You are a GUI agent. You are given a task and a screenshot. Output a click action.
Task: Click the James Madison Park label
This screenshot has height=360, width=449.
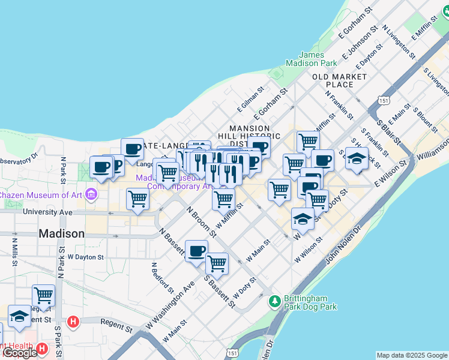pos(312,59)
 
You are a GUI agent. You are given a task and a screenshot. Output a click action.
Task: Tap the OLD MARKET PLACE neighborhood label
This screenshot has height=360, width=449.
pos(340,80)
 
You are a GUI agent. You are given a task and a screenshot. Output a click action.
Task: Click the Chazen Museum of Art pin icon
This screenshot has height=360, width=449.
pos(91,194)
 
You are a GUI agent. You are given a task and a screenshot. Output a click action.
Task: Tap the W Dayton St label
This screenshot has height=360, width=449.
pos(86,256)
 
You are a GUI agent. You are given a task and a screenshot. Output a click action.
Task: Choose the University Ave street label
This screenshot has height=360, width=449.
pos(47,212)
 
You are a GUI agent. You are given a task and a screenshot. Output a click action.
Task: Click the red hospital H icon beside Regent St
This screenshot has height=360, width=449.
pos(73,322)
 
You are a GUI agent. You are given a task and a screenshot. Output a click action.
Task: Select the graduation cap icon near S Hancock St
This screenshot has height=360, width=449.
pos(357,159)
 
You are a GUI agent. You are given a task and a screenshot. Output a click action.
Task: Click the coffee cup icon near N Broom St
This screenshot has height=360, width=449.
pos(196,251)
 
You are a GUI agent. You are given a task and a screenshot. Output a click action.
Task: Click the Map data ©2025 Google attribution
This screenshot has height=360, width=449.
pos(411,355)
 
